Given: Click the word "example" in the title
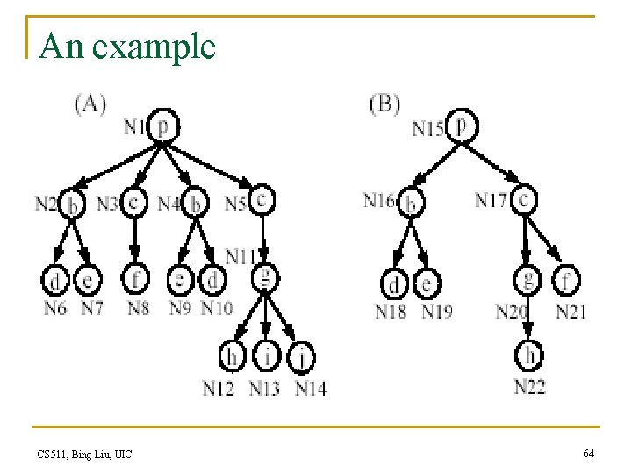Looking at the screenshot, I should (x=153, y=47).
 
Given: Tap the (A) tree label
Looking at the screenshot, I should (x=90, y=104).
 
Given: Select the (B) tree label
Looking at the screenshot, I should (x=384, y=104).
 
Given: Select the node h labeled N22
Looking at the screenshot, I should (x=529, y=355).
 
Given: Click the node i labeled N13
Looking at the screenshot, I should (x=264, y=356).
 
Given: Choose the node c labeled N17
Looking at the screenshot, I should (x=524, y=200).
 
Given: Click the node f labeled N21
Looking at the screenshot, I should (x=567, y=281).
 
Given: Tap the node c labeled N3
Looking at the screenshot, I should (x=133, y=203).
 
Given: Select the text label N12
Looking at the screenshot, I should (x=219, y=388).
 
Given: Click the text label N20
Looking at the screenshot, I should (x=513, y=312).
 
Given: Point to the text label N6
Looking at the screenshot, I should (x=54, y=308).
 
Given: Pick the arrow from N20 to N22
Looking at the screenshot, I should (x=528, y=327).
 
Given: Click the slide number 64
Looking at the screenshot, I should (x=588, y=453).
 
